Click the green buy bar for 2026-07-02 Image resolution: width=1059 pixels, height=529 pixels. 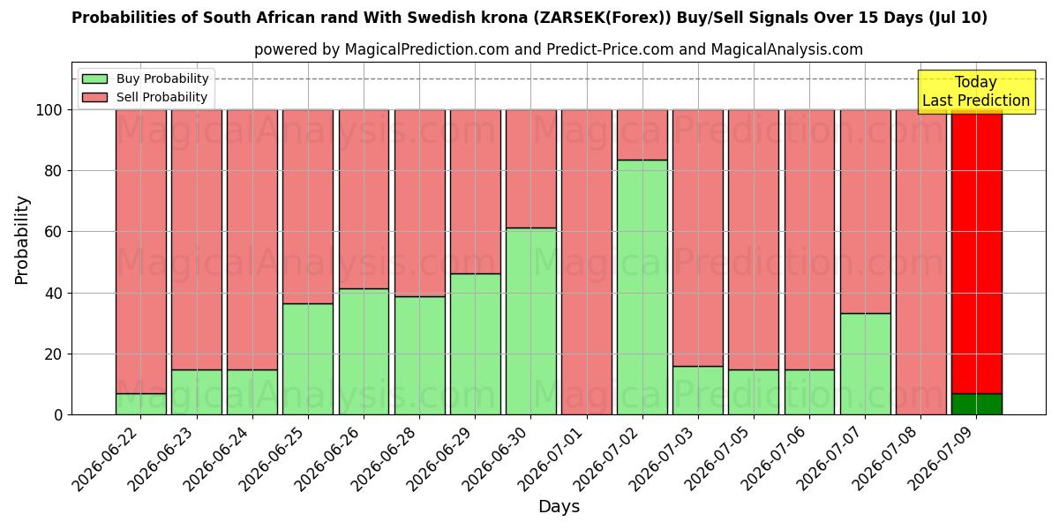coord(642,287)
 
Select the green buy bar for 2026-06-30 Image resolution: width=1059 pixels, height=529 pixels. coord(531,322)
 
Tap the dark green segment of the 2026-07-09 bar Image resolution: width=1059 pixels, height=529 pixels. coord(977,405)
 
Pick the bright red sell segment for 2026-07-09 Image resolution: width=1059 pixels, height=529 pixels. coord(977,252)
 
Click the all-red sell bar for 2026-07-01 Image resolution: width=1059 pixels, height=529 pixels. coord(587,263)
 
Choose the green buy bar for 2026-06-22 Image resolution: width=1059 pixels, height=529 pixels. coord(141,405)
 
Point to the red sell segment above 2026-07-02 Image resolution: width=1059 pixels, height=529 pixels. coord(642,135)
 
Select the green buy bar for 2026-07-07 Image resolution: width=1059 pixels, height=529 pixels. coord(866,364)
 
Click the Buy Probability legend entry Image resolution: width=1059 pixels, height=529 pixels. coord(145,78)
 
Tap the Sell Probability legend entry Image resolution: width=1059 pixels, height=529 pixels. coord(144,97)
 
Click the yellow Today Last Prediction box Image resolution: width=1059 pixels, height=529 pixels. coord(977,92)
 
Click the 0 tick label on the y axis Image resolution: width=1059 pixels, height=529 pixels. coord(58,415)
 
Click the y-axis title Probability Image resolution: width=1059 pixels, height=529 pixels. coord(22,241)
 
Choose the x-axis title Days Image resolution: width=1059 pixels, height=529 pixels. coord(559,507)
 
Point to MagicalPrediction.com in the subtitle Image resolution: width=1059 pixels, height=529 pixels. coord(427,49)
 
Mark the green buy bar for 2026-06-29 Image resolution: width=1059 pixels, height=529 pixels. coord(476,345)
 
